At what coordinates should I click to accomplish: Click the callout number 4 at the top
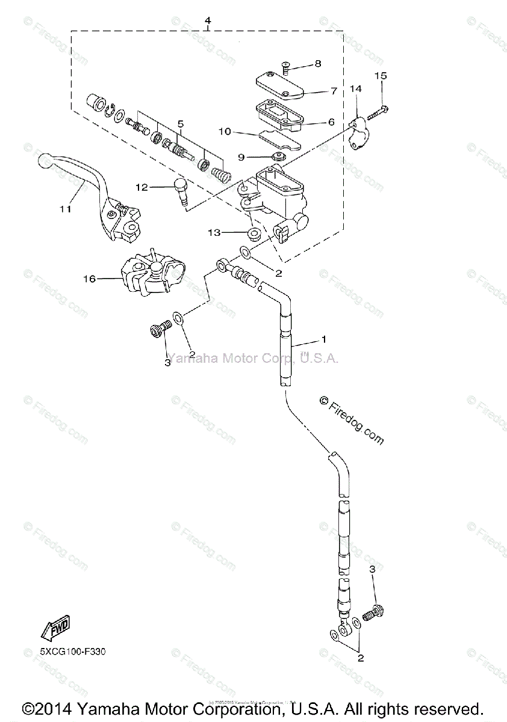(207, 21)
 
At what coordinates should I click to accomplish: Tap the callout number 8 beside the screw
(317, 63)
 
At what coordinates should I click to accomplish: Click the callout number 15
(381, 76)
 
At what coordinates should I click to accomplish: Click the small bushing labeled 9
(278, 158)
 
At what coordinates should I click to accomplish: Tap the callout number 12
(141, 187)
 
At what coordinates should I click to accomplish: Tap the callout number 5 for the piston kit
(180, 123)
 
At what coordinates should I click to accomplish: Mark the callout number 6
(331, 122)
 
